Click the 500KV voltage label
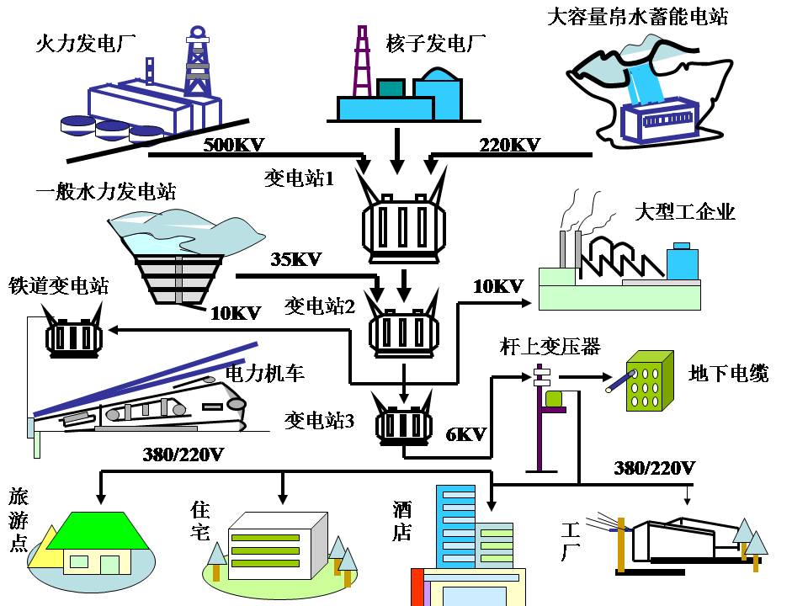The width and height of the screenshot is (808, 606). point(234,145)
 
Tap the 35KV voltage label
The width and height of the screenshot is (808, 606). point(296,259)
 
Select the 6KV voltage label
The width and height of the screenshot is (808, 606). point(465,434)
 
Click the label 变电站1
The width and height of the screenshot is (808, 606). point(300,178)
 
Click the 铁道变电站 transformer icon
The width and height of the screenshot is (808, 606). point(73,337)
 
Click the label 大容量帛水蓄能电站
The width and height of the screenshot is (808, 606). point(637,16)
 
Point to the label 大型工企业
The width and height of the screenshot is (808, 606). point(685,211)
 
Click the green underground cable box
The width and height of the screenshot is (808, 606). point(651,380)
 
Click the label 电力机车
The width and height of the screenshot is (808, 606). point(265,372)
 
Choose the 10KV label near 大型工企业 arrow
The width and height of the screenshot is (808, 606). point(498,286)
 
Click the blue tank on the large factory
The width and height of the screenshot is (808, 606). point(682,262)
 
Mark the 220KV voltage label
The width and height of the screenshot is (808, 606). point(509,145)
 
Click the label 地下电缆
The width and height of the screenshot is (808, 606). point(728,373)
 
